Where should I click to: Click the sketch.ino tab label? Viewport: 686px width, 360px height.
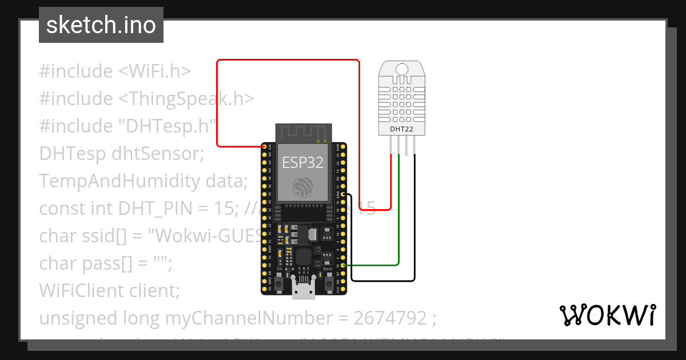(x=101, y=25)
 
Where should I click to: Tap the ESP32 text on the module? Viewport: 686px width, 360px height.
(x=302, y=162)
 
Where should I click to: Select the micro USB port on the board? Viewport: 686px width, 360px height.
(x=303, y=289)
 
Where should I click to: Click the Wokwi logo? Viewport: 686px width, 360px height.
(x=607, y=315)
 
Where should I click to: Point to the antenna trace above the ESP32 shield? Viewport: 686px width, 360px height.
(x=303, y=133)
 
